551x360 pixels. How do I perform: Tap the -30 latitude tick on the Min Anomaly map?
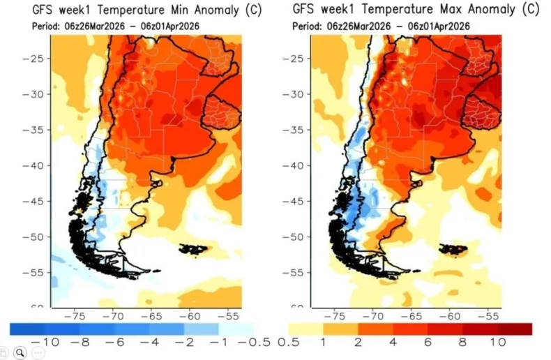point(33,93)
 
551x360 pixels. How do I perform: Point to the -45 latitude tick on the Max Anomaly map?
point(293,201)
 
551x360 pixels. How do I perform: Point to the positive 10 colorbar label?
point(497,343)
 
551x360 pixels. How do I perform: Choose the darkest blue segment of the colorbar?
point(27,329)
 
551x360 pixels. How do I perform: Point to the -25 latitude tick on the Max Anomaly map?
point(293,58)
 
